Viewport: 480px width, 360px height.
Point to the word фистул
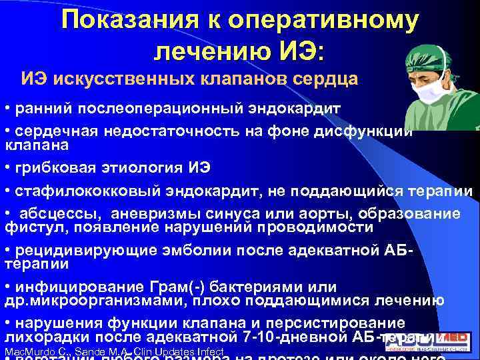[x=26, y=227]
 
